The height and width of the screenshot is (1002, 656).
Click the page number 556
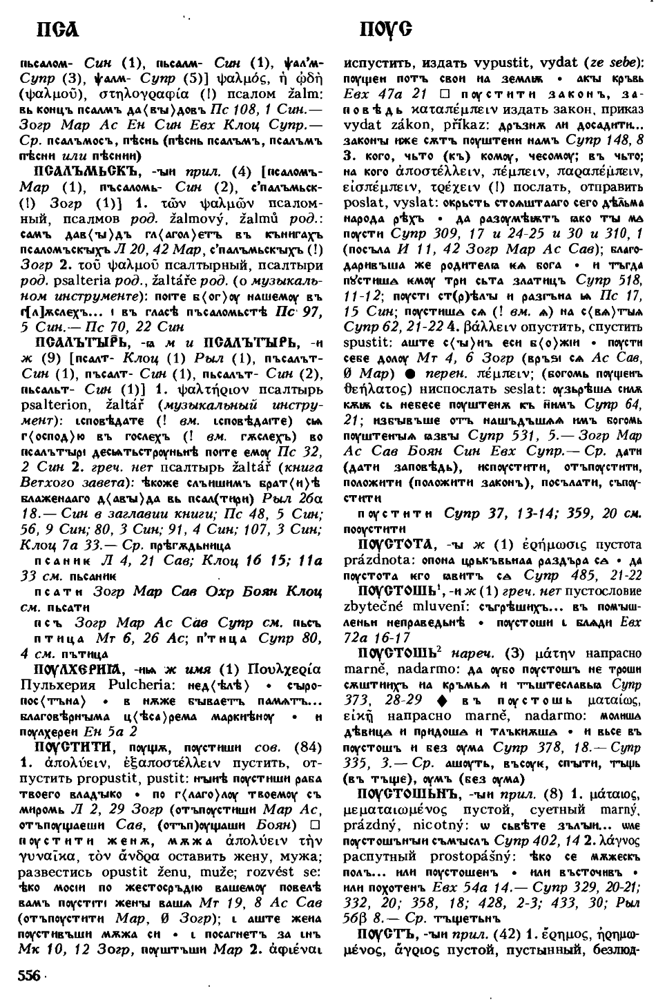pos(28,975)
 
